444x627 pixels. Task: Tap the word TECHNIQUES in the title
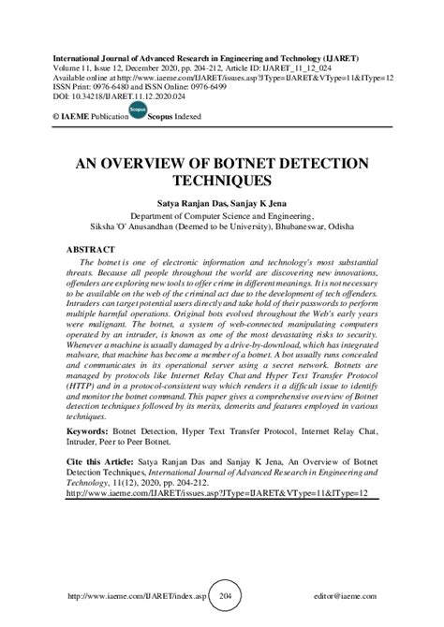tap(221, 178)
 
